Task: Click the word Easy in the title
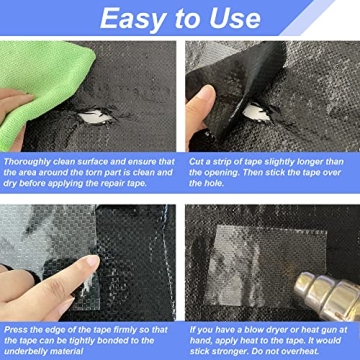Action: click(x=133, y=19)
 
